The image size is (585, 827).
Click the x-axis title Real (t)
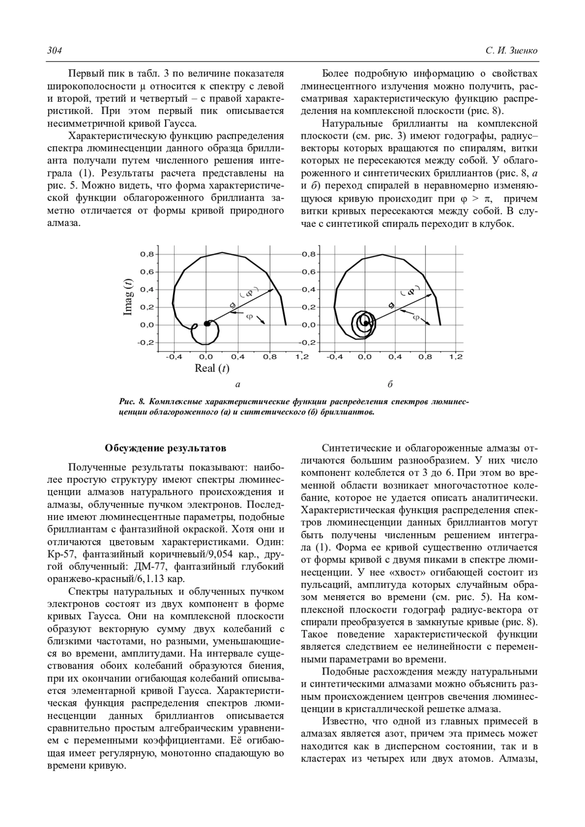(212, 368)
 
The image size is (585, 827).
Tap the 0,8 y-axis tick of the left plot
(147, 254)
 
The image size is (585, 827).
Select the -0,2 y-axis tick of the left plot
(146, 342)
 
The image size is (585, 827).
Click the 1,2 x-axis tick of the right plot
(456, 357)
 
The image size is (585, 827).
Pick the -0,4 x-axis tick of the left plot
(173, 357)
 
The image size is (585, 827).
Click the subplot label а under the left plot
(238, 385)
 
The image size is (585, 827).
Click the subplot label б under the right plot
(390, 385)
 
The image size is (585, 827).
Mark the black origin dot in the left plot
(207, 323)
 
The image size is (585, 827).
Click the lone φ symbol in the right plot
(416, 318)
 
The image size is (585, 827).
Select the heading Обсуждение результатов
(166, 448)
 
